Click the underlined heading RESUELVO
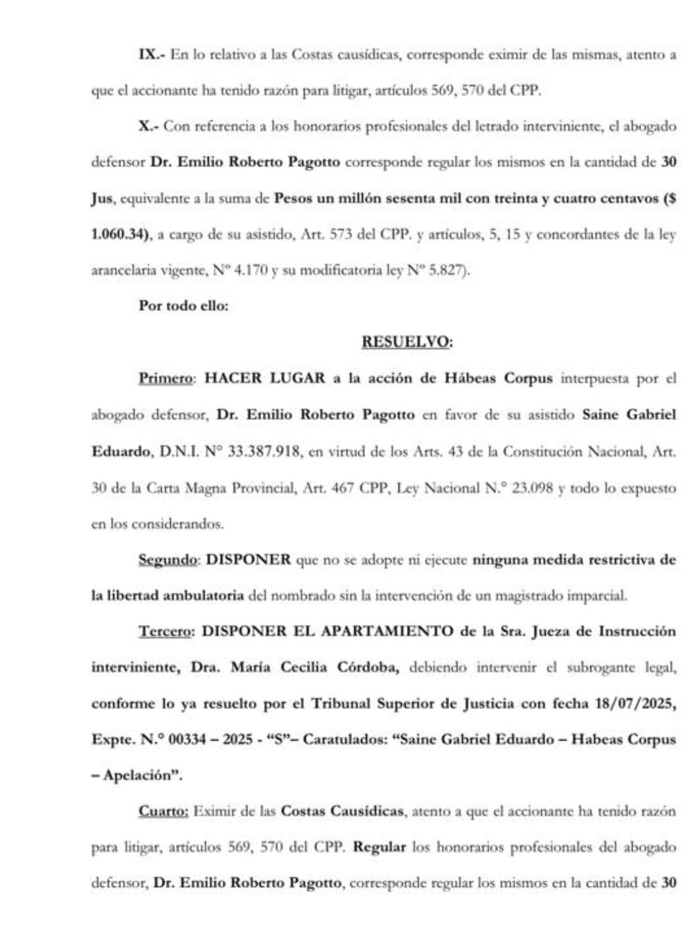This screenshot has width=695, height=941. coord(407,342)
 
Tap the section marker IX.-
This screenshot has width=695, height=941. coord(151,55)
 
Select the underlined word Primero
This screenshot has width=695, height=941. coord(166,379)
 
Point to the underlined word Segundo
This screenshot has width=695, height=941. coord(168,560)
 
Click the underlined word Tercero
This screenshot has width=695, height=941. coord(166,631)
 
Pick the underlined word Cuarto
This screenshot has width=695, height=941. coord(164,811)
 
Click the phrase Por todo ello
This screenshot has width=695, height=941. coord(183,306)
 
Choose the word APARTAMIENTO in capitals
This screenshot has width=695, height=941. coord(387,631)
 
